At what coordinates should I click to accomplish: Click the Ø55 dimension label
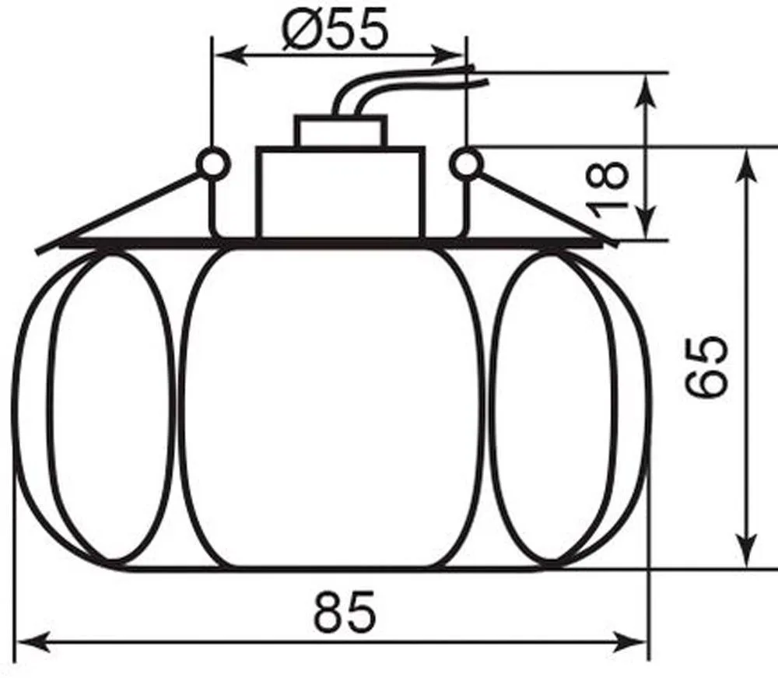click(x=334, y=29)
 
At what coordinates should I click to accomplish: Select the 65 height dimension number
click(x=706, y=366)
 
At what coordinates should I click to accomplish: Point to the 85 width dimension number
click(x=345, y=611)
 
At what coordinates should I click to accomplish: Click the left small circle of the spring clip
click(x=215, y=163)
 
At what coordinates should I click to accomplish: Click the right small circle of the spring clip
click(x=467, y=163)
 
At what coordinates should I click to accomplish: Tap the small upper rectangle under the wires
click(x=341, y=131)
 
